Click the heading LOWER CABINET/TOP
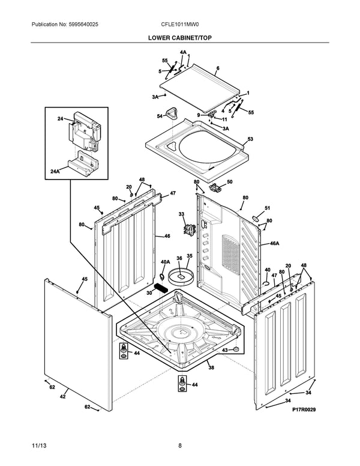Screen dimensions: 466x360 click(x=179, y=37)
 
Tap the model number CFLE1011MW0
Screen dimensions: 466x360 click(x=179, y=25)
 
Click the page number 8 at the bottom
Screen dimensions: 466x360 click(x=179, y=445)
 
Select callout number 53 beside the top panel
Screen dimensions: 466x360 click(x=250, y=139)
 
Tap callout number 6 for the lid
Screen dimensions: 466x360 click(x=218, y=68)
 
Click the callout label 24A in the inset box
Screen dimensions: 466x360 click(x=55, y=172)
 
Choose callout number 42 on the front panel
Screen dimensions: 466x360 click(x=62, y=397)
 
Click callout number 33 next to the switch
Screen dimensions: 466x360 click(x=181, y=214)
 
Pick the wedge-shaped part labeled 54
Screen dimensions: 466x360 click(x=173, y=112)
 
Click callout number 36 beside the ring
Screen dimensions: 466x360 click(x=179, y=258)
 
